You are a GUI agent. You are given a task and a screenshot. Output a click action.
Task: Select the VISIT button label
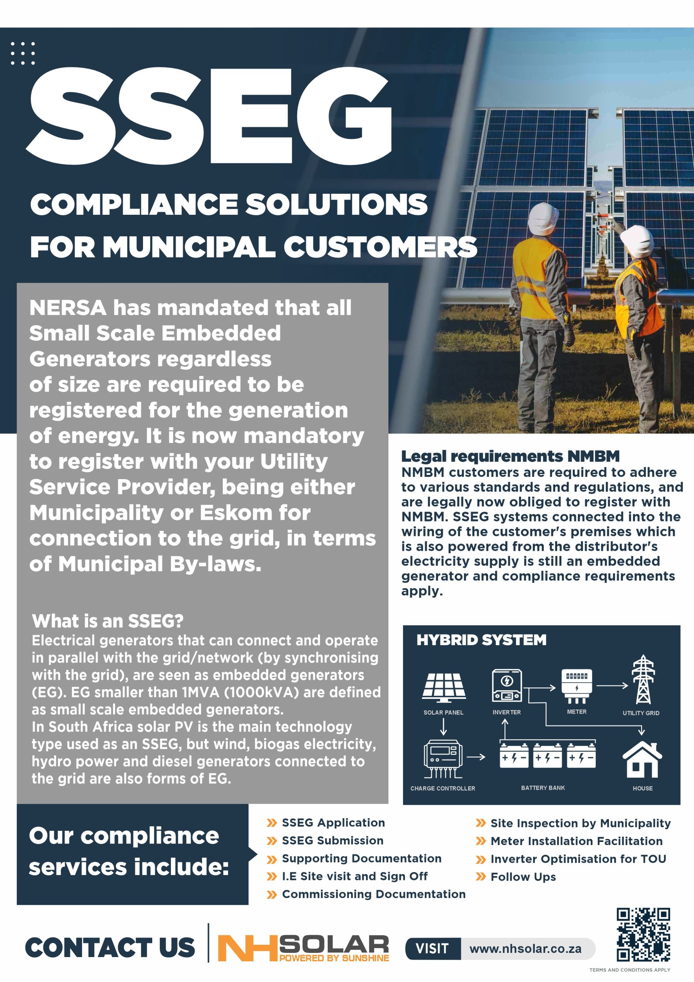coord(432,949)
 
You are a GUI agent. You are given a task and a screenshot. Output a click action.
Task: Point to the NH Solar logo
coord(303,948)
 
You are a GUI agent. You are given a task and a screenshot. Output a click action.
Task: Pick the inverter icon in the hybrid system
coord(507,685)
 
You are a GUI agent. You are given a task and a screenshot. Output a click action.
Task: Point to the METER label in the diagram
coord(576,712)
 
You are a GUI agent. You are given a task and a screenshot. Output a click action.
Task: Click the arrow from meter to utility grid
coord(612,685)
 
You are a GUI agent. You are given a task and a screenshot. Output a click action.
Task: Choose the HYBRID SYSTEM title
coord(482,640)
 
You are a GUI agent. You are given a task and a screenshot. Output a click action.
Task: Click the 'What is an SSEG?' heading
coord(108,621)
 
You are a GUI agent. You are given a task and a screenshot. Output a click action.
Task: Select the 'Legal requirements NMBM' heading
coord(510,456)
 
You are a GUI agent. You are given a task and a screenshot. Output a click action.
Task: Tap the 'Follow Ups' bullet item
coord(523,877)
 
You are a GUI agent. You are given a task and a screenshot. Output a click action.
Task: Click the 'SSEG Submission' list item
coord(332,840)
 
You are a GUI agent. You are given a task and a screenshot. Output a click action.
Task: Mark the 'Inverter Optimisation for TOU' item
coord(578,859)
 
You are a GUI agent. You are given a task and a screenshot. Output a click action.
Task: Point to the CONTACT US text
coord(110,947)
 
